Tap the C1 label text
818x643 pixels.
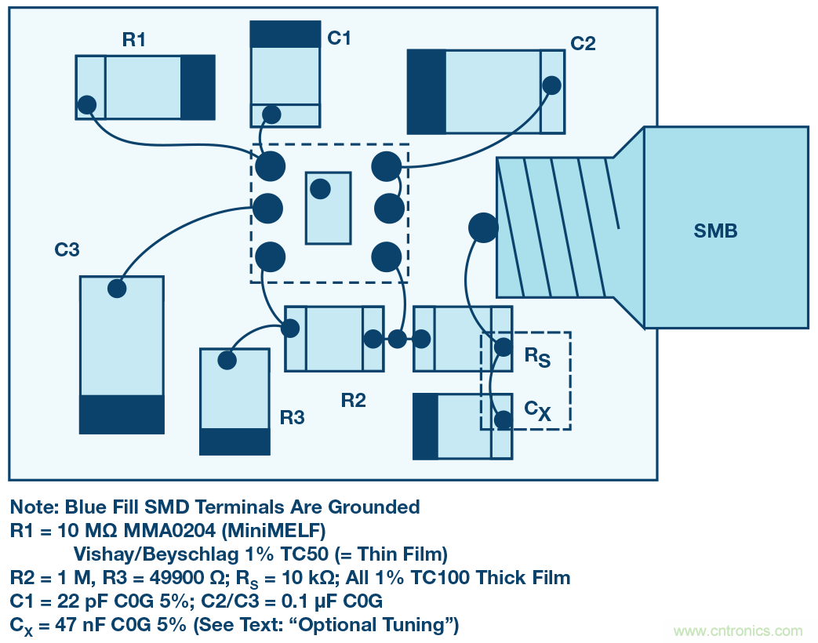[340, 38]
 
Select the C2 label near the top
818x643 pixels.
[583, 43]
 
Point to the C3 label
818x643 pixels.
[67, 250]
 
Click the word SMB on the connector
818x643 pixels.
[715, 231]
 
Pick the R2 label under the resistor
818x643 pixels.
[354, 401]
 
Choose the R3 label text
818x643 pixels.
[292, 418]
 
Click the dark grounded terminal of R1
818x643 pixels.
[198, 87]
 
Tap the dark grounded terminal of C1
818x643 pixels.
[285, 35]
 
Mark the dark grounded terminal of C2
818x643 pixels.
[427, 92]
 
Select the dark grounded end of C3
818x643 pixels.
[122, 414]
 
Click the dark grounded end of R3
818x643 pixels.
[234, 441]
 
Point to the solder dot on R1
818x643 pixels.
[87, 104]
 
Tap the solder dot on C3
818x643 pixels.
[117, 289]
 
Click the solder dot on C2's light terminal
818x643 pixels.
[552, 85]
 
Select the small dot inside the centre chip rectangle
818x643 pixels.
[320, 189]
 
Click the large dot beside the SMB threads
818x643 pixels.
[483, 227]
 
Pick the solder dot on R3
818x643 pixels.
[227, 361]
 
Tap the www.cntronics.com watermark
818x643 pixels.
[738, 630]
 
